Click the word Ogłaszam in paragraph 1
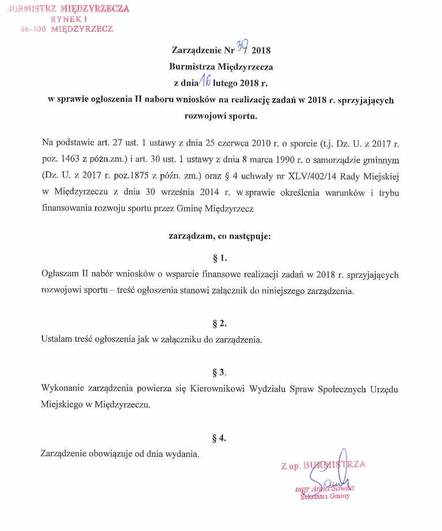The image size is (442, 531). click(60, 274)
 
